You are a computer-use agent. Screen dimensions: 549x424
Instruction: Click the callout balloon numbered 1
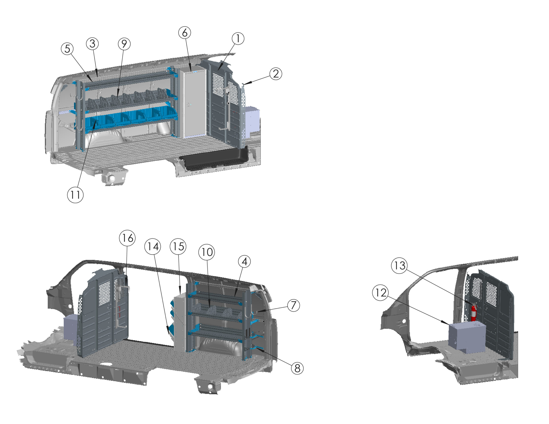tap(238, 39)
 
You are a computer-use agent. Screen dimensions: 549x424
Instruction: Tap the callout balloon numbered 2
tap(276, 74)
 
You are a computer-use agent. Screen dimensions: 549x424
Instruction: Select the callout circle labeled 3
tap(92, 44)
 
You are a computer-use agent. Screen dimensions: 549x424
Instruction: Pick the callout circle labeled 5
tap(67, 49)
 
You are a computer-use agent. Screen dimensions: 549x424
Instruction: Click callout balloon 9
tap(124, 44)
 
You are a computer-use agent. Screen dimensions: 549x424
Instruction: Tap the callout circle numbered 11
tap(75, 195)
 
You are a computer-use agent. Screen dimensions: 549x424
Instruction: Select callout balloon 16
tap(127, 238)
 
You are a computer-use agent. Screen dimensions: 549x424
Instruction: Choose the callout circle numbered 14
tap(153, 247)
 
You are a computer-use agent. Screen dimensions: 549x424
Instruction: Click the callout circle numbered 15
tap(178, 247)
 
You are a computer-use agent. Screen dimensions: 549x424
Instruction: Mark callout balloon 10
tap(207, 252)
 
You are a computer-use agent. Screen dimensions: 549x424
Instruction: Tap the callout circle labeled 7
tap(293, 305)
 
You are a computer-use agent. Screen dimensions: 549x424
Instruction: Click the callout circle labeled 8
tap(297, 368)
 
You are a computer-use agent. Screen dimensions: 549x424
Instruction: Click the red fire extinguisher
tap(474, 313)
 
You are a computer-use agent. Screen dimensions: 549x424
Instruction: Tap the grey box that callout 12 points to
tap(467, 337)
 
